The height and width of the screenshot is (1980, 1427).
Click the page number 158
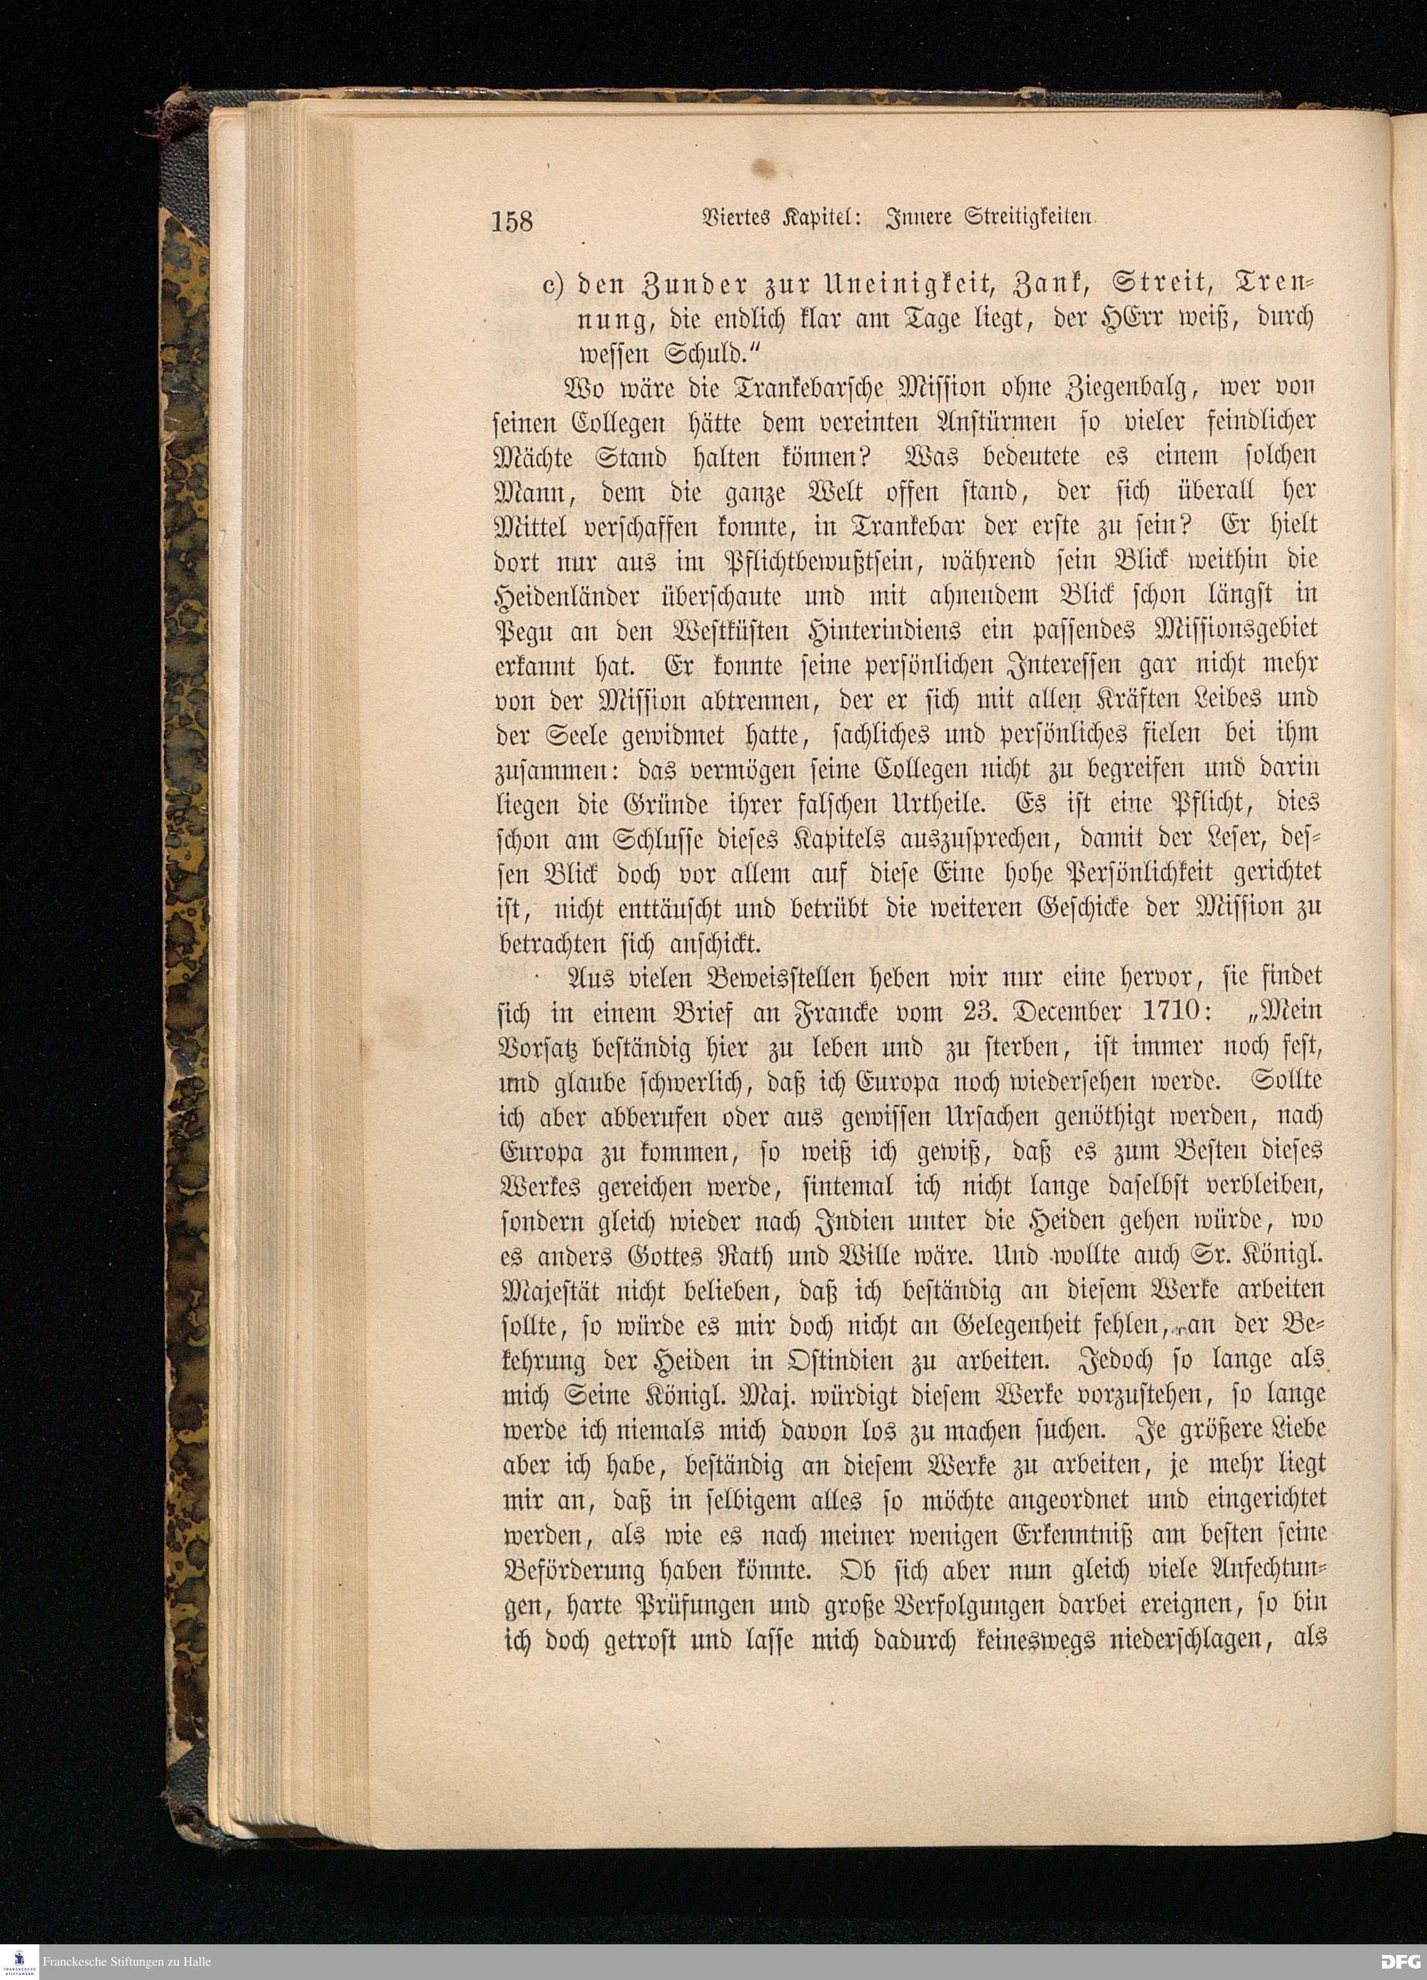512,221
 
